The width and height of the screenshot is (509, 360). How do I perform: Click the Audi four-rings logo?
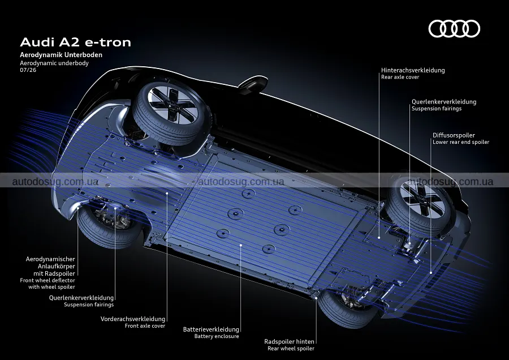(x=454, y=29)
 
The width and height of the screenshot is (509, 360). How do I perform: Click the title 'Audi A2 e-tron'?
(x=76, y=42)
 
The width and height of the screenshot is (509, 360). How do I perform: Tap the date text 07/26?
(x=28, y=70)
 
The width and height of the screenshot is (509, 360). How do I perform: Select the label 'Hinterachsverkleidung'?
(x=413, y=70)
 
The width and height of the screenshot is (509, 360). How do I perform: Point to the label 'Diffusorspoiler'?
(x=454, y=135)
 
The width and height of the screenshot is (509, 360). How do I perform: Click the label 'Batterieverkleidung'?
(x=211, y=329)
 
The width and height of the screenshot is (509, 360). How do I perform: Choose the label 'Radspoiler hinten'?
(x=289, y=341)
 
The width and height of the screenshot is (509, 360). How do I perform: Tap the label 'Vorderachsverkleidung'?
(x=133, y=319)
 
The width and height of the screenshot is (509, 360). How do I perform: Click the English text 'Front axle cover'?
(x=145, y=326)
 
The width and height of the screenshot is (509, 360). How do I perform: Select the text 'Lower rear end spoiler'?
(x=461, y=142)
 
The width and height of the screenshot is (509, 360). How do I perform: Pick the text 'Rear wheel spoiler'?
(x=291, y=349)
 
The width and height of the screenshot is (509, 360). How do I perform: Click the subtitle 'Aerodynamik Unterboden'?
(x=61, y=55)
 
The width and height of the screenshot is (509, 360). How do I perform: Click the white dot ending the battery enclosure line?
(x=240, y=245)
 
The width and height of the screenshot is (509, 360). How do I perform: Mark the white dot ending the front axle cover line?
(x=167, y=193)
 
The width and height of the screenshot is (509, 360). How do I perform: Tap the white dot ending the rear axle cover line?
(x=379, y=238)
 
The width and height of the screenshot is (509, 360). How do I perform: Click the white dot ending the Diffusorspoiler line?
(x=431, y=273)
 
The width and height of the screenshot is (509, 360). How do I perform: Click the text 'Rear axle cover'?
(x=400, y=77)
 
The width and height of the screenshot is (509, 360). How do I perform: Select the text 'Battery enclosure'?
(x=217, y=336)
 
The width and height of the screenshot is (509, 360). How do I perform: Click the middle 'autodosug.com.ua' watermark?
(x=241, y=182)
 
